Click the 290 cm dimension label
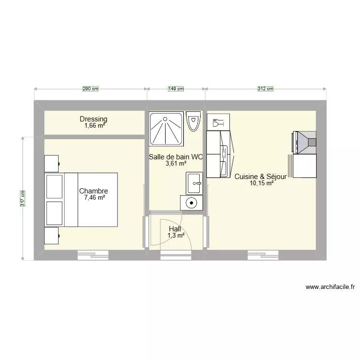[90, 89]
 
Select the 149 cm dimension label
[176, 89]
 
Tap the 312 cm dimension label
[265, 89]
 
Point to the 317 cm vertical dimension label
[23, 198]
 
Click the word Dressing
[94, 119]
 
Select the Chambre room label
[94, 191]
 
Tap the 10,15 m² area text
[261, 183]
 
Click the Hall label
[175, 229]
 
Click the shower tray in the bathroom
[166, 128]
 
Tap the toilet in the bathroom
[193, 121]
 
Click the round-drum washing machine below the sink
[191, 203]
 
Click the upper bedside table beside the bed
[52, 163]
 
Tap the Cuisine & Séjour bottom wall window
[264, 255]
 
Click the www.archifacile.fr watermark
[330, 288]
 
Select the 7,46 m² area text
[94, 197]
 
